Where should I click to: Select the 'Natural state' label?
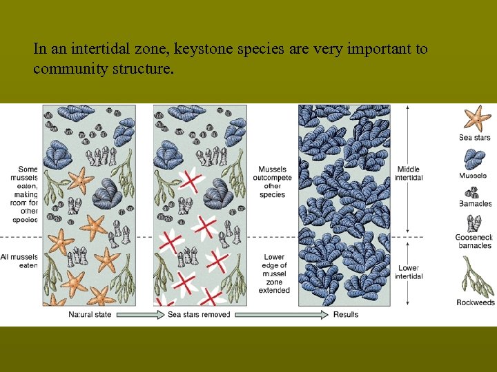90,315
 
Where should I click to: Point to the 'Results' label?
346,315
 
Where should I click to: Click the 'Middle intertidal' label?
409,174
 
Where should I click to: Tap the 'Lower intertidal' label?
409,272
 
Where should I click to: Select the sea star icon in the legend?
475,118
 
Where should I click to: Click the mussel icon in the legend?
474,159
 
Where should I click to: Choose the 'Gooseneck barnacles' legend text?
474,241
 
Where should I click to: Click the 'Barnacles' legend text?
475,203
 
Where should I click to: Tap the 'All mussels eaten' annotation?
19,261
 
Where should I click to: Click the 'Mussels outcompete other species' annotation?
273,182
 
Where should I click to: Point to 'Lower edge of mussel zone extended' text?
274,273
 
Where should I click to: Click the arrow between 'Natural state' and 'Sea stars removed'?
140,315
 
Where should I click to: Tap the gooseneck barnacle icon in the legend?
475,223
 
